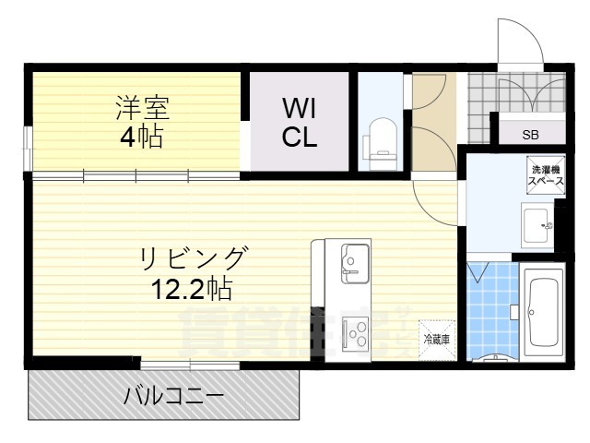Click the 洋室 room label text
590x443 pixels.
tap(142, 108)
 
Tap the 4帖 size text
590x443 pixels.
tap(140, 139)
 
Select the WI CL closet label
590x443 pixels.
tap(300, 123)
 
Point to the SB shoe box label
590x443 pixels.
tap(531, 135)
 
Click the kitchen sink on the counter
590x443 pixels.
tap(353, 260)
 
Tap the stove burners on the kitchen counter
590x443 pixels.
tap(355, 329)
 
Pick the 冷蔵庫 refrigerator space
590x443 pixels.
tap(436, 340)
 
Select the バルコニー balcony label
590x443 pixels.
tap(174, 398)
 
